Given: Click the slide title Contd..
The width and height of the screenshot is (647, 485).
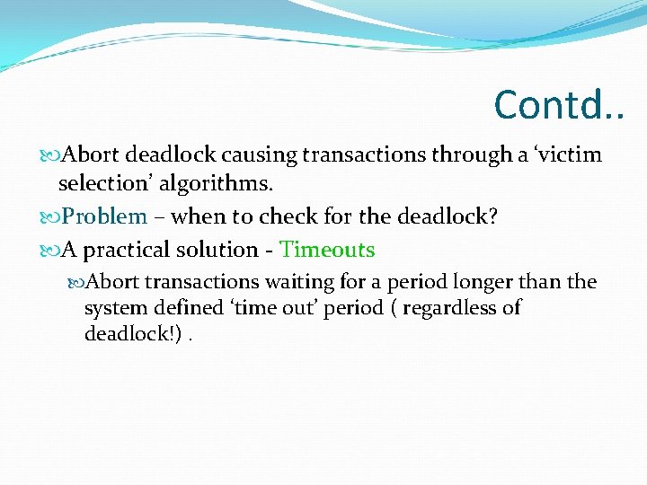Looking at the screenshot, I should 557,105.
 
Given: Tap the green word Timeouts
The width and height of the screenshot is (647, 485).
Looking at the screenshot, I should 327,250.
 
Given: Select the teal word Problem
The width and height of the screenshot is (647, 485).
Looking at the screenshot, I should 105,216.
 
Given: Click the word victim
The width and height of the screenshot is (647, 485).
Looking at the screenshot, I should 571,154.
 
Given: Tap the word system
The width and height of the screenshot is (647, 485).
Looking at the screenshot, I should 114,308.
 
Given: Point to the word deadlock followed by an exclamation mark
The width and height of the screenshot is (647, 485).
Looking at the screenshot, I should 126,334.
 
